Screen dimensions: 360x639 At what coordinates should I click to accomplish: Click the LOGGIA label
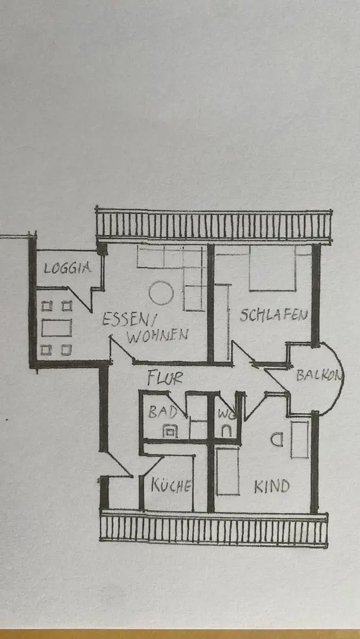(67, 268)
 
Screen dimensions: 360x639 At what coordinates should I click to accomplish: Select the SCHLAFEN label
(273, 315)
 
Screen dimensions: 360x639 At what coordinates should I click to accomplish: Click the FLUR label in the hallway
(165, 378)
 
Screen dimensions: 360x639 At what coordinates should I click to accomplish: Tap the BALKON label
(318, 375)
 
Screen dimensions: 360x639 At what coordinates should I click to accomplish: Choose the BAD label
(162, 412)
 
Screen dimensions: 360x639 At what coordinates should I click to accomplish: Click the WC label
(224, 413)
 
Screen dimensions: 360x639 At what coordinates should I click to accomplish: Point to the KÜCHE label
(171, 486)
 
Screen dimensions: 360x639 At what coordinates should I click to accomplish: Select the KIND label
(272, 486)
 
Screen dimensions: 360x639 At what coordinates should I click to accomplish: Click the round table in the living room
(161, 293)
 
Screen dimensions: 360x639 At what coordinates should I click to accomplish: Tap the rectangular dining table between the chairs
(57, 328)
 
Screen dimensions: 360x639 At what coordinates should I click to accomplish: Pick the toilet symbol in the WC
(227, 431)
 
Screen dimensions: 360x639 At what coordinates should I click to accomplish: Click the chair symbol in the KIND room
(277, 440)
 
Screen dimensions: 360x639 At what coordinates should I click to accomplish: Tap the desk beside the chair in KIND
(300, 440)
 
